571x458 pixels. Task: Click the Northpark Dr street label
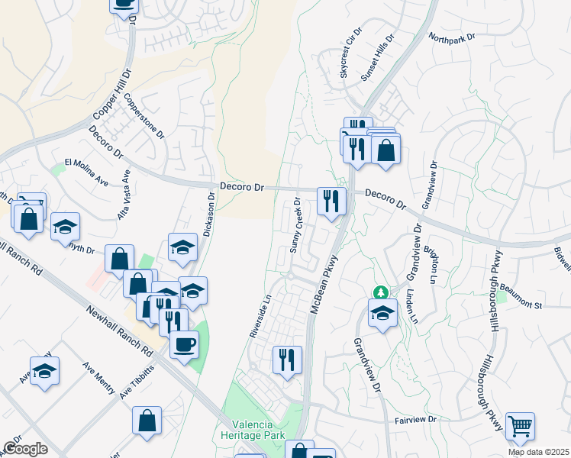(452, 37)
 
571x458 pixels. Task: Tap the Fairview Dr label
(415, 420)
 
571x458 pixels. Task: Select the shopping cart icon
(520, 426)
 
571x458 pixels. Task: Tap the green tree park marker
(379, 292)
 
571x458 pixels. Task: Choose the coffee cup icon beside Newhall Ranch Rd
(183, 344)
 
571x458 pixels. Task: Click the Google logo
(25, 449)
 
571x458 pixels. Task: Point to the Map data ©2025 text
(537, 452)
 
